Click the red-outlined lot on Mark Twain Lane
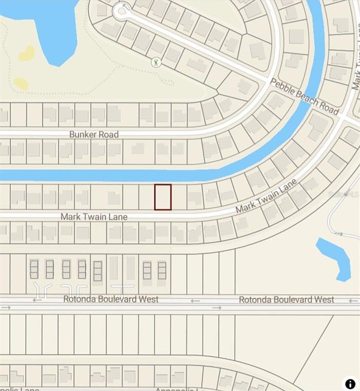(x=163, y=197)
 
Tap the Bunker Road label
(x=94, y=134)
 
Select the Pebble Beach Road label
(x=305, y=97)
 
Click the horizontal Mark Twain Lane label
(x=94, y=217)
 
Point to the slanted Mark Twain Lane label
(x=266, y=197)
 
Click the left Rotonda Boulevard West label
(x=111, y=299)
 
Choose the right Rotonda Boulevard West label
(x=287, y=300)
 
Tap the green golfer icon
(x=156, y=62)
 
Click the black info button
(x=350, y=383)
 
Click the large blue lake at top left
(x=46, y=23)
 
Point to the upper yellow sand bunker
(x=27, y=53)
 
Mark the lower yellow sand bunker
(x=21, y=84)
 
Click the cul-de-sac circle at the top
(x=122, y=11)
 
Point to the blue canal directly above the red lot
(x=163, y=175)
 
